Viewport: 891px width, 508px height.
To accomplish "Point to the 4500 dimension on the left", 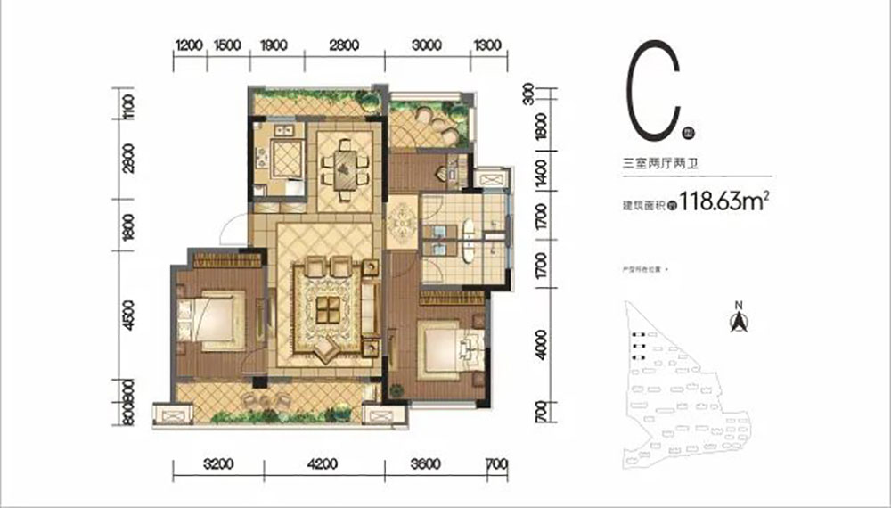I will [130, 316].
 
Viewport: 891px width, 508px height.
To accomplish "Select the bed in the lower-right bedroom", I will [445, 348].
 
